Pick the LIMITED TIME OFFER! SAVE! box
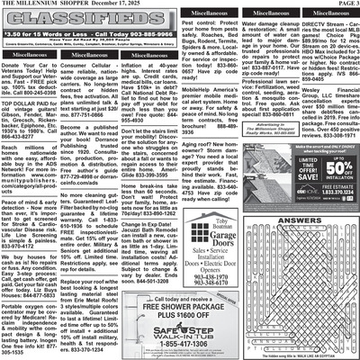coord(294,193)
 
